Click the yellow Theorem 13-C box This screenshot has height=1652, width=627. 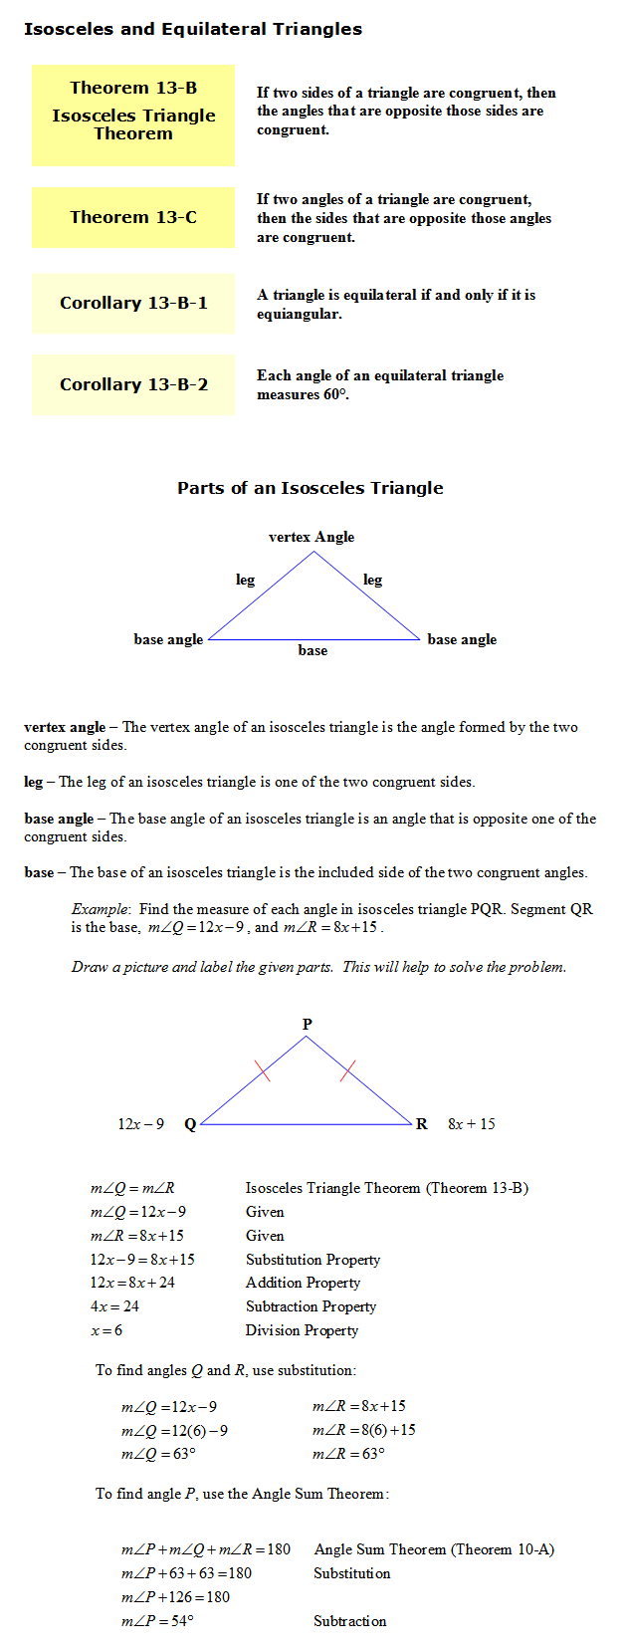pos(133,217)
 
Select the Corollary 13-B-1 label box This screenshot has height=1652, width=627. pos(133,303)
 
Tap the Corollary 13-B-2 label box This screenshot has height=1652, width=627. pos(133,384)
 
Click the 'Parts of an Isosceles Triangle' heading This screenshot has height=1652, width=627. pos(310,488)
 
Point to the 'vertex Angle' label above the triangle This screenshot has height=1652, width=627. pos(312,537)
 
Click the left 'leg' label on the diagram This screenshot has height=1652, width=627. pos(245,580)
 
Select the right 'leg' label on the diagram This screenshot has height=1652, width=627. pos(372,580)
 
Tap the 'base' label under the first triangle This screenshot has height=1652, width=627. pos(313,650)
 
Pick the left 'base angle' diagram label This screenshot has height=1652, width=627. pos(168,639)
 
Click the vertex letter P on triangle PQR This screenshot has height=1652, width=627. pos(307,1024)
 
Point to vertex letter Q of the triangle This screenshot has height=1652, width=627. pos(190,1124)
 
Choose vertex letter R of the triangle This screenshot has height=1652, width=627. pos(422,1124)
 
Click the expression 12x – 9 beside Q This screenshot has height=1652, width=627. pos(141,1124)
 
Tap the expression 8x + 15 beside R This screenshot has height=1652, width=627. pos(472,1124)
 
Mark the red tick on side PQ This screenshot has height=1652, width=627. pos(263,1070)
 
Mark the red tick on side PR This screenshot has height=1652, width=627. pos(348,1071)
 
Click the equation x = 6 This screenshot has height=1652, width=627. pos(106,1330)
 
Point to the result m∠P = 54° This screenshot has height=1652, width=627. pos(157,1621)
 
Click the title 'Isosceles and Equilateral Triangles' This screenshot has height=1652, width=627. pos(193,29)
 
